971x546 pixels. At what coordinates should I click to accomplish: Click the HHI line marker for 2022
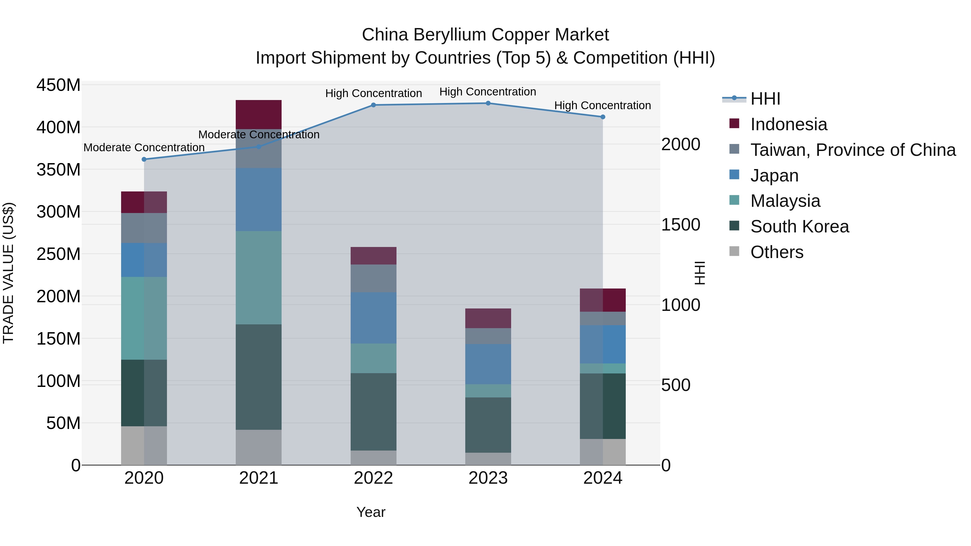click(x=373, y=105)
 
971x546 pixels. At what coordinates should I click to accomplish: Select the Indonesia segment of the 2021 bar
click(x=259, y=115)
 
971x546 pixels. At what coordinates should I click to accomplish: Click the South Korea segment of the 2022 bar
click(x=373, y=411)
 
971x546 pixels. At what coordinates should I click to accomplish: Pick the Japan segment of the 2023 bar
click(x=488, y=364)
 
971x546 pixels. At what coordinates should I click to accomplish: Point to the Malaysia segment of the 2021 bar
click(x=259, y=277)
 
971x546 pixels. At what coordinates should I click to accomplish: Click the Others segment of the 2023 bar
click(x=488, y=459)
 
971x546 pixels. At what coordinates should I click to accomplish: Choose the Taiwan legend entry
click(x=853, y=150)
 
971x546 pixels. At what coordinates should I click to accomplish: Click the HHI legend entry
click(x=765, y=99)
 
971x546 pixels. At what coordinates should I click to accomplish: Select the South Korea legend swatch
click(x=734, y=226)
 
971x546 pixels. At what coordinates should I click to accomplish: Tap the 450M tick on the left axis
click(x=59, y=85)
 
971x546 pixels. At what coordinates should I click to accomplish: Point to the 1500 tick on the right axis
click(x=681, y=225)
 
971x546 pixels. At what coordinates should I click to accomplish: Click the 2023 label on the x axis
click(x=488, y=478)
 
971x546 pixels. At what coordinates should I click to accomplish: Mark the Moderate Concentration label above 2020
click(x=144, y=147)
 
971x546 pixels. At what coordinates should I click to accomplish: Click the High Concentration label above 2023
click(x=487, y=92)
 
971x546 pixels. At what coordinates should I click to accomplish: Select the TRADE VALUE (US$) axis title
click(x=9, y=273)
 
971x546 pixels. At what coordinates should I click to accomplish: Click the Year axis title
click(x=371, y=512)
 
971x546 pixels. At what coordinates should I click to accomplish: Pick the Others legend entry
click(x=777, y=252)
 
